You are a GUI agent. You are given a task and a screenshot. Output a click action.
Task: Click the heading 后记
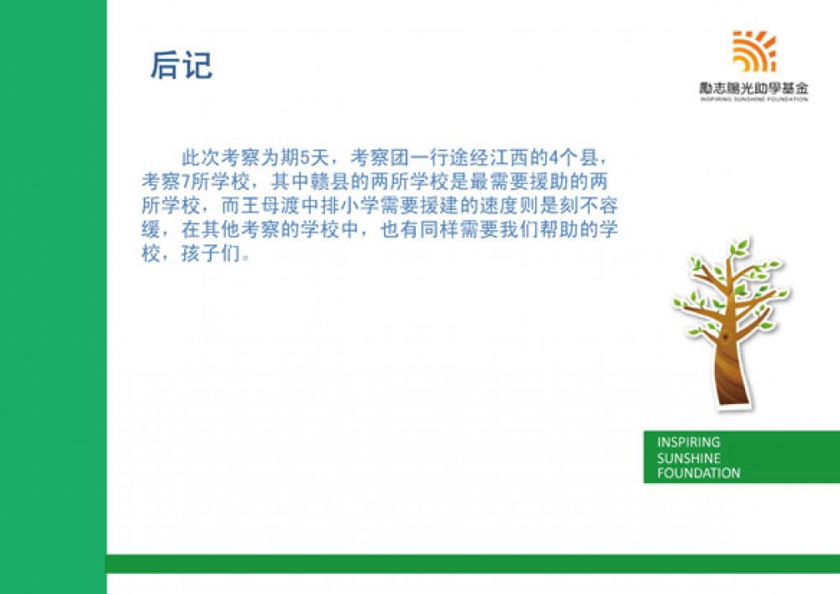click(181, 66)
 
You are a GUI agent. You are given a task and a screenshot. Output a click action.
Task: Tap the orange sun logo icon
click(754, 51)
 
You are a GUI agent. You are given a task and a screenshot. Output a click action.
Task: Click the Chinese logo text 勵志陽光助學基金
click(753, 88)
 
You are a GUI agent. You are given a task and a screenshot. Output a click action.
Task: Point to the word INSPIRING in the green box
click(689, 443)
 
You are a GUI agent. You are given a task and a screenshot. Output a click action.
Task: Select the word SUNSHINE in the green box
click(689, 458)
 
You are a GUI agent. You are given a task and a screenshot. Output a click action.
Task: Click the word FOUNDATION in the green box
click(699, 473)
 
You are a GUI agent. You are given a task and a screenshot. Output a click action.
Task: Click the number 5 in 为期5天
click(306, 158)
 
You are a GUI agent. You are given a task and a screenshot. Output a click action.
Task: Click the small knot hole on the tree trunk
click(726, 337)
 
